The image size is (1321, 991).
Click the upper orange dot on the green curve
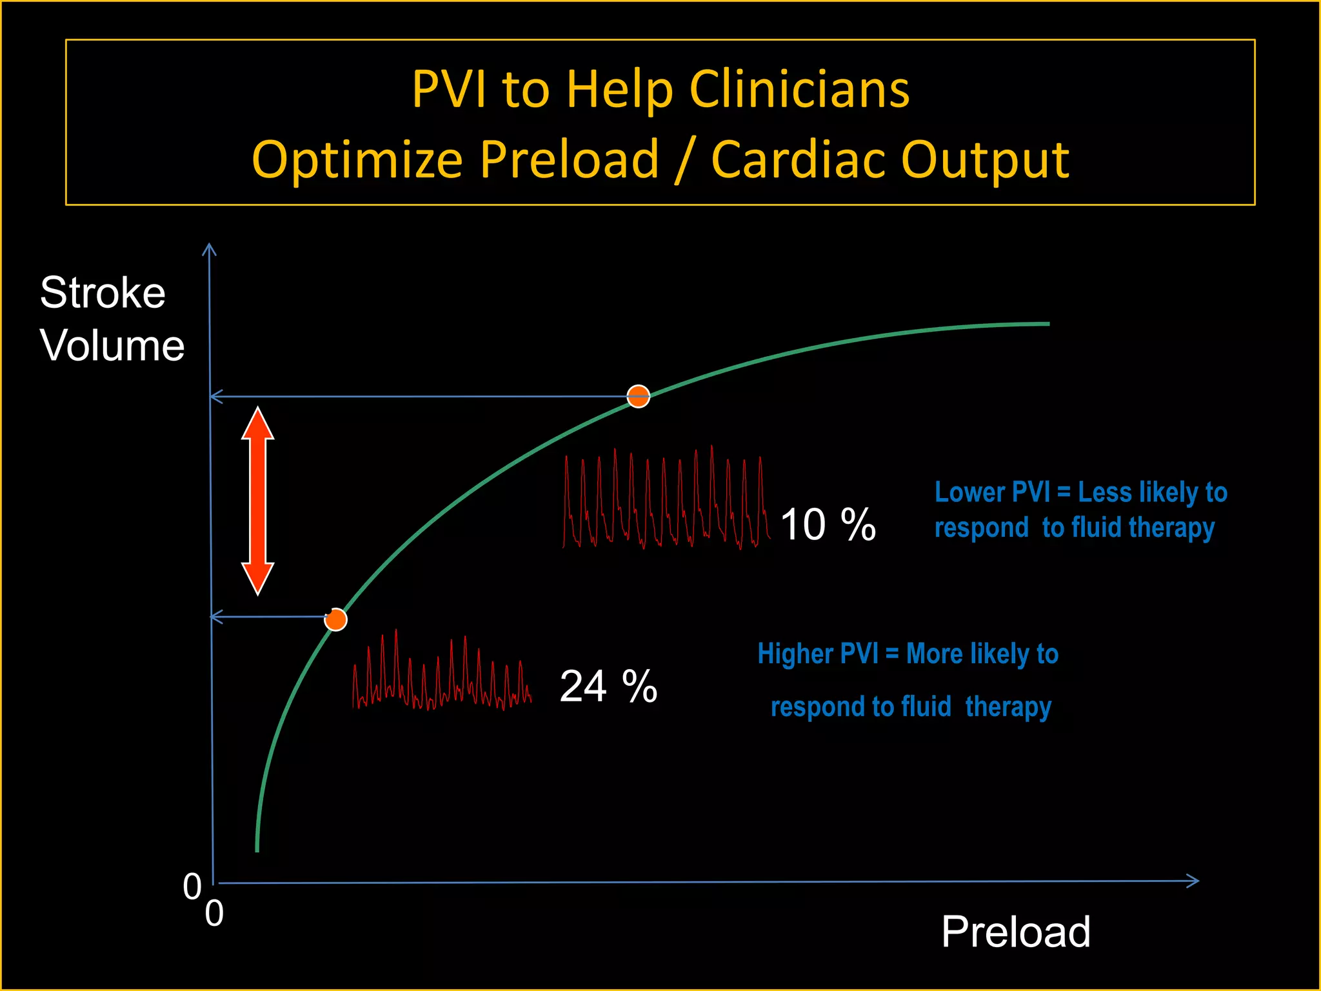(x=638, y=396)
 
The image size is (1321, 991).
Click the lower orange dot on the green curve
(x=335, y=619)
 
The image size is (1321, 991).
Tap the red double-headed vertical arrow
(x=258, y=501)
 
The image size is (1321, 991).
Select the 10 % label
(x=828, y=524)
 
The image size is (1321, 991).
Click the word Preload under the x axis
(x=1015, y=932)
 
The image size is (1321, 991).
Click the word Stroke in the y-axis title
(x=103, y=293)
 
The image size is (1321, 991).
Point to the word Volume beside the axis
(x=112, y=345)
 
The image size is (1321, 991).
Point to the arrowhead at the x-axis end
(x=1195, y=881)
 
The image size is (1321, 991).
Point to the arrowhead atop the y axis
(x=209, y=249)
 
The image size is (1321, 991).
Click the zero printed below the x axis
(x=214, y=914)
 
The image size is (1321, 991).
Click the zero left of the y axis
(x=192, y=886)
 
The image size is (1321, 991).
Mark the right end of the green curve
(x=1048, y=324)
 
